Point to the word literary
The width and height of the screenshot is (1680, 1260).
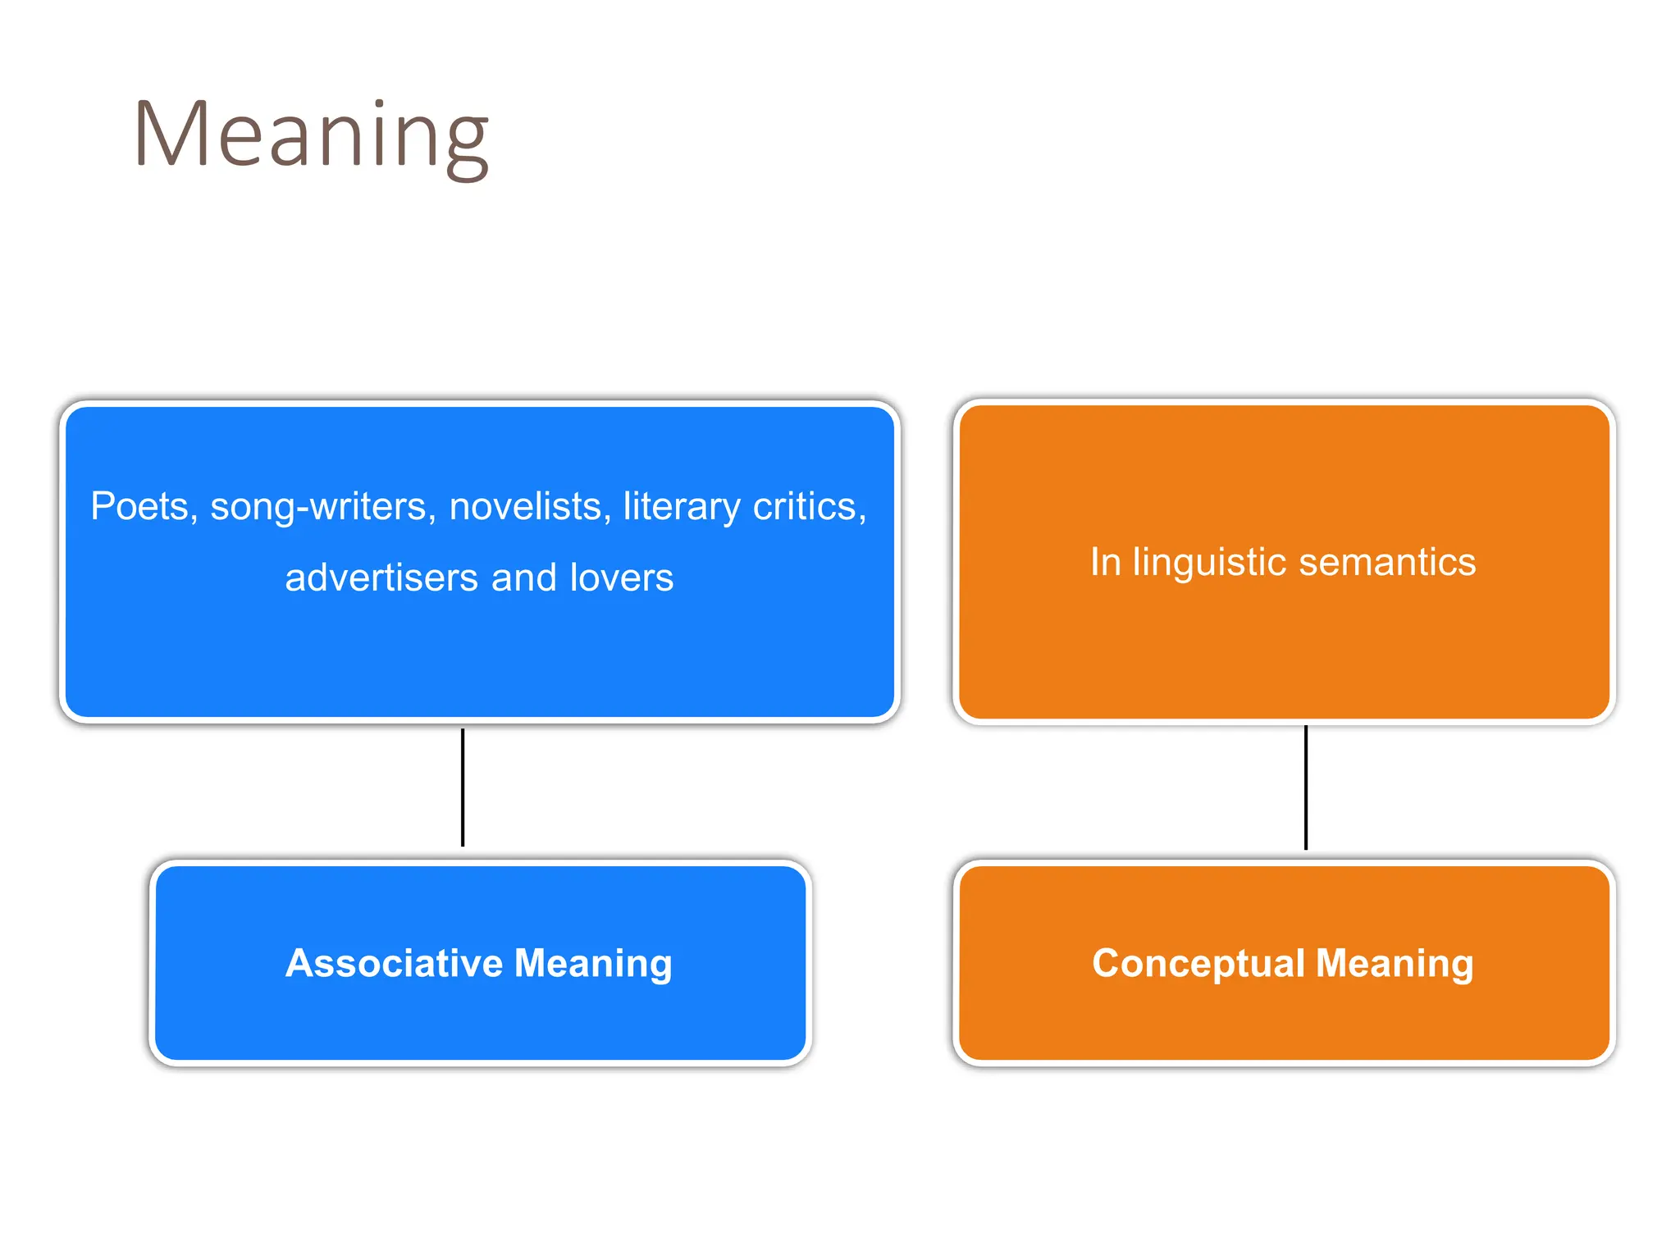coord(682,507)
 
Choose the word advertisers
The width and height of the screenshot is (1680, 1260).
coord(381,577)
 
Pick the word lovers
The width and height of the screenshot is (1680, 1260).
coord(621,577)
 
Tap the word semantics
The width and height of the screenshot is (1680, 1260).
coord(1387,563)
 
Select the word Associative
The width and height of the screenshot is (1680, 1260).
coord(394,963)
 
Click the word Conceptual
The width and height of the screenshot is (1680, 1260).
coord(1198,963)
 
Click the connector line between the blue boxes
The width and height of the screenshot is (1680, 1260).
coord(463,787)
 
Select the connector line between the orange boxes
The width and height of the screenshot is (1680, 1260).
coord(1306,787)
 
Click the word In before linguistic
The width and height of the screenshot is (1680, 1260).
coord(1105,563)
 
